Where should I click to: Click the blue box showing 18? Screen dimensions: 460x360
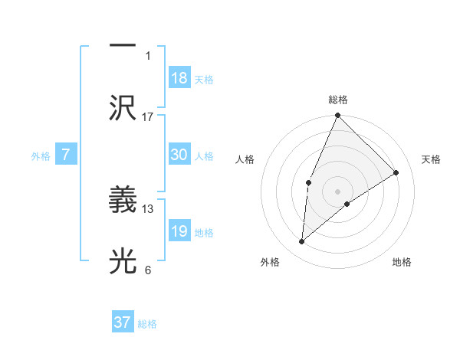179,78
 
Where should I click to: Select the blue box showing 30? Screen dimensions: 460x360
179,155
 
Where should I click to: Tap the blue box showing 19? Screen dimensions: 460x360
179,231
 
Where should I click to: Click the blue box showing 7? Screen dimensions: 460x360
66,155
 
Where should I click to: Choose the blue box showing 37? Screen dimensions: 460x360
123,322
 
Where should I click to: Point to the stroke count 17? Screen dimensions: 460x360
148,116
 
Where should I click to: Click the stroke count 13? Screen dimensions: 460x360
148,208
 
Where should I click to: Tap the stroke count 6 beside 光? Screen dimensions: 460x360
148,270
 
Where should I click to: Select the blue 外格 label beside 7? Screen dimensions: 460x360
41,155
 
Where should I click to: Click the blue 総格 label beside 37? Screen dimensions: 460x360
147,324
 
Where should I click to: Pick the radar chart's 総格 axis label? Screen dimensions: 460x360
337,100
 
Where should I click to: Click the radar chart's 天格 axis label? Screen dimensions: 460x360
432,159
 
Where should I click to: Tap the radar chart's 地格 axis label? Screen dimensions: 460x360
402,263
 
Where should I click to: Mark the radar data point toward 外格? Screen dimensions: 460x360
302,242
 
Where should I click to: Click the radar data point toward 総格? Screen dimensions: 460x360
337,116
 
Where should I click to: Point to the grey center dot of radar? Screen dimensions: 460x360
337,191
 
